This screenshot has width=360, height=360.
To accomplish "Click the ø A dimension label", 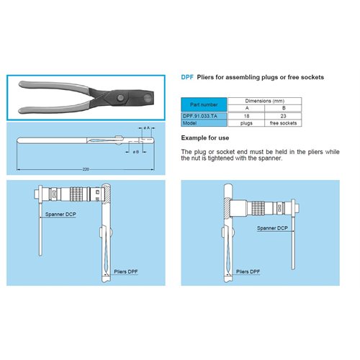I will point(147,127).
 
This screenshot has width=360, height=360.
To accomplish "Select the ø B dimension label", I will point(135,152).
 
